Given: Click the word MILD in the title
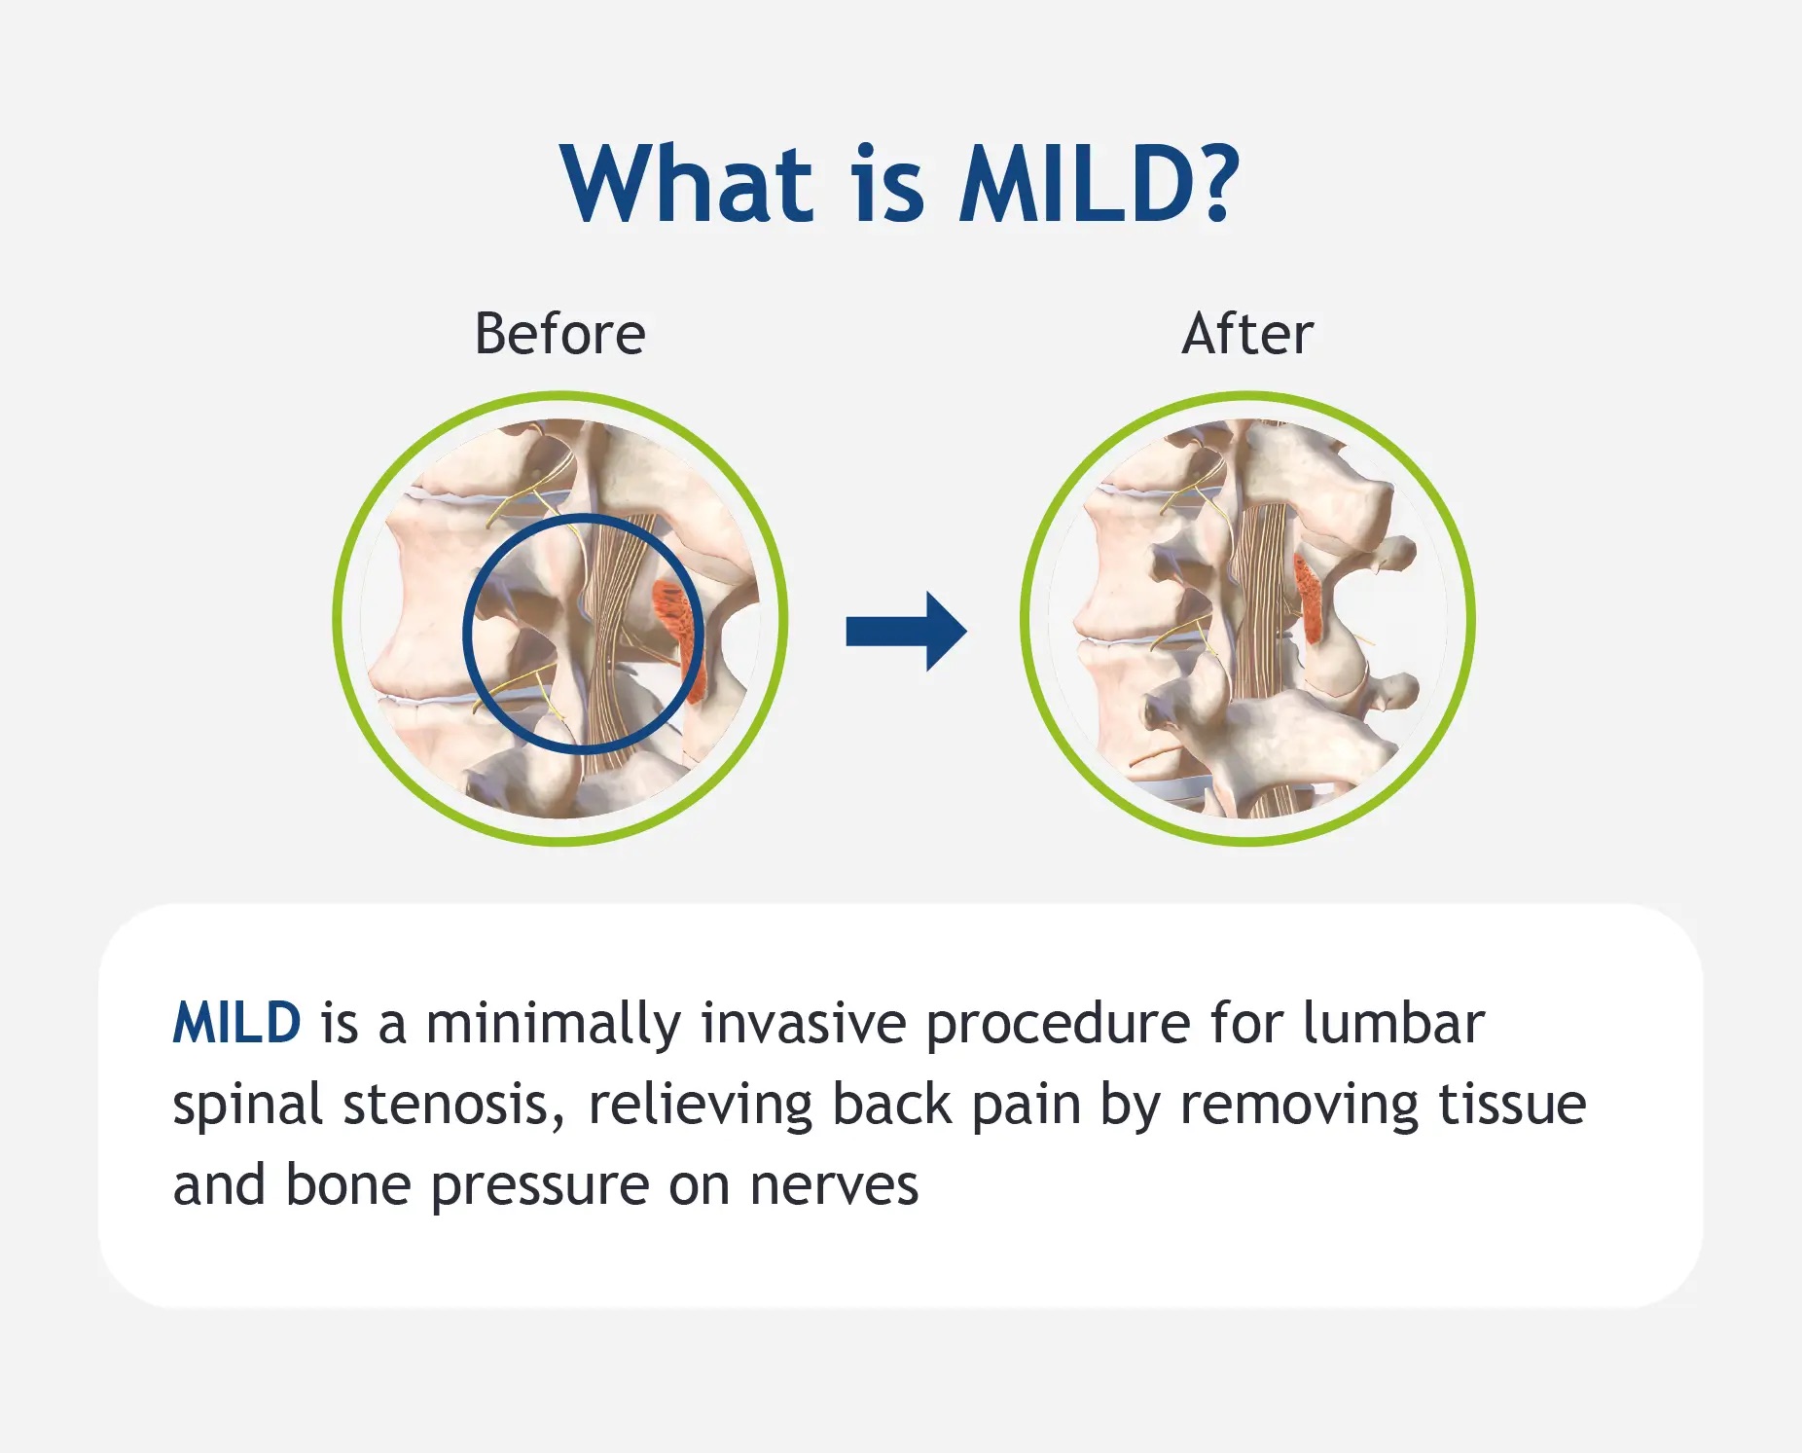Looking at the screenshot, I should tap(1076, 185).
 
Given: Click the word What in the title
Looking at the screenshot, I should tap(687, 185).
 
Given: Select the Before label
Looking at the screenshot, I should tap(559, 334).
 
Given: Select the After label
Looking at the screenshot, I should tap(1247, 334).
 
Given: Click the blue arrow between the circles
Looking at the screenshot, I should tap(906, 632).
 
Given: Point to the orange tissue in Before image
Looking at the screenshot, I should tap(677, 623).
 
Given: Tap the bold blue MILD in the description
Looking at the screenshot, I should tap(236, 1024).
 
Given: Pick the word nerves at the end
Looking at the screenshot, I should tap(834, 1186).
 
